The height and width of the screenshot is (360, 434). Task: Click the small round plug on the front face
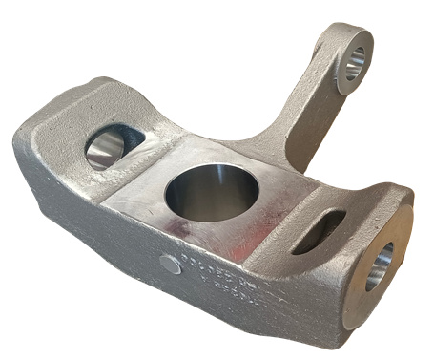point(170,264)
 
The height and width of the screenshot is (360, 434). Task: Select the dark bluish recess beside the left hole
point(129,138)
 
